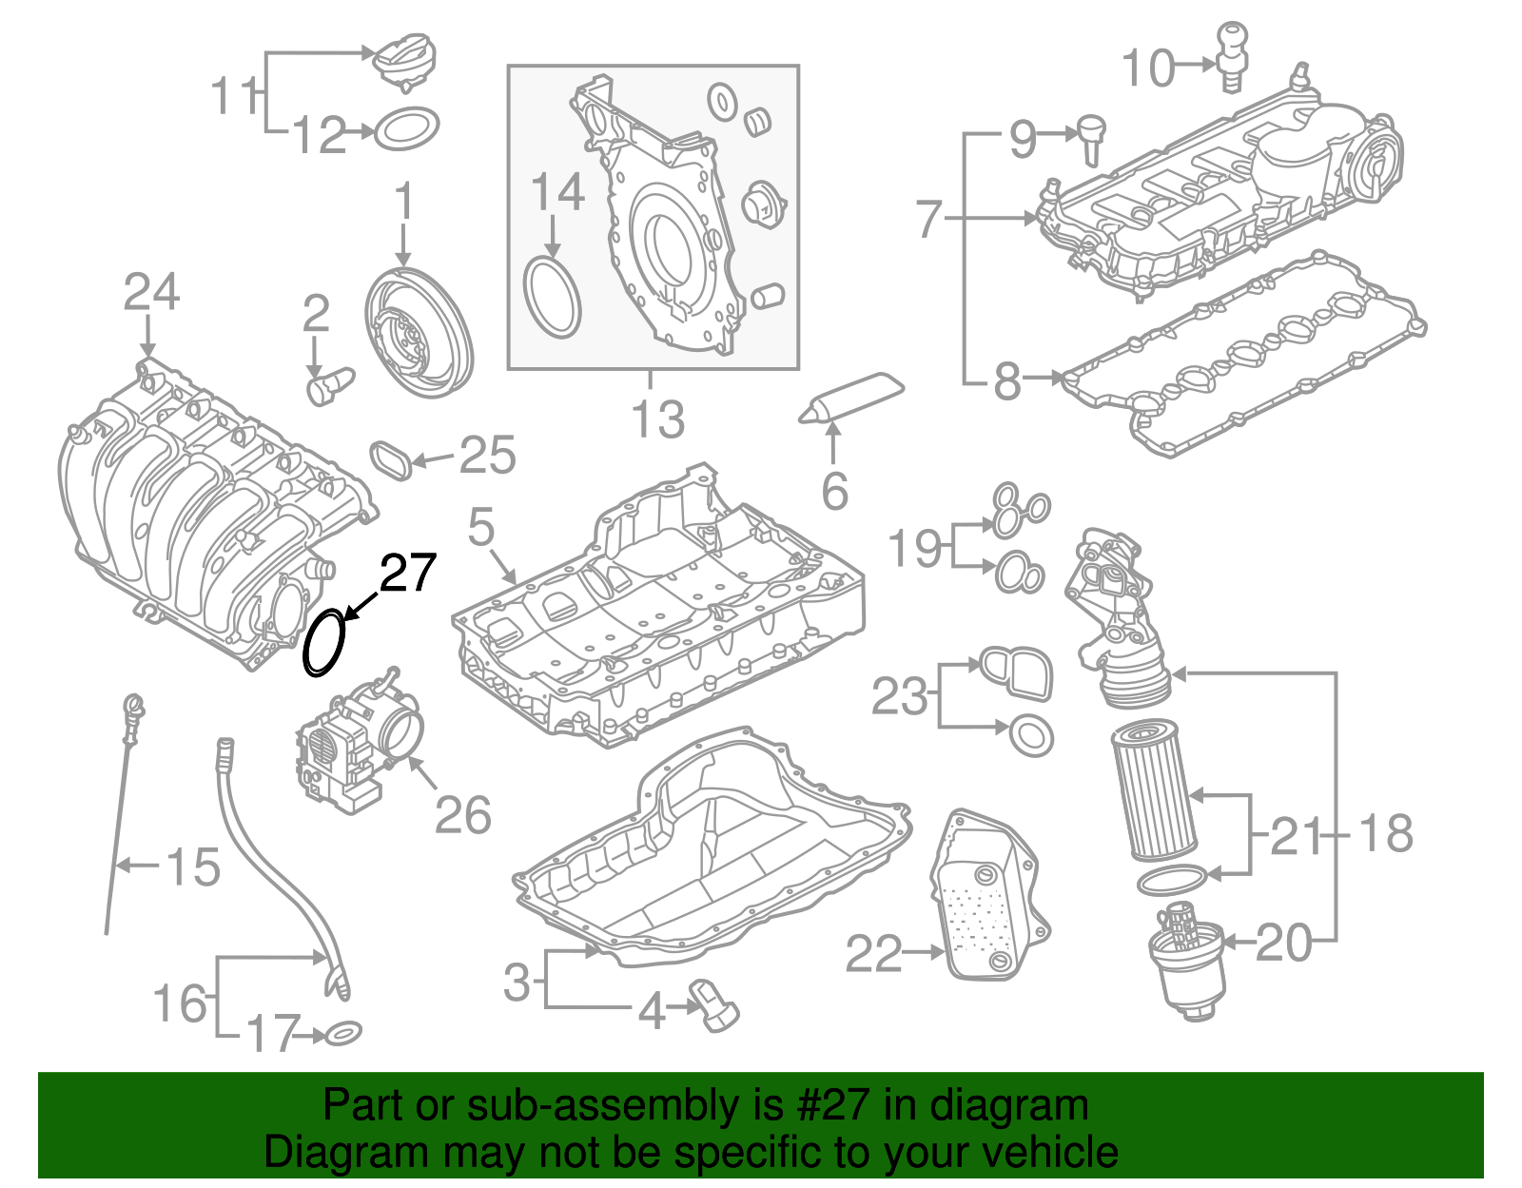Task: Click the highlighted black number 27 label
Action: pos(408,573)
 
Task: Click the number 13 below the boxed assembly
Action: pos(658,419)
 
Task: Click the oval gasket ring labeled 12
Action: pos(407,129)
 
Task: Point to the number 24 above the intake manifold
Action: pos(151,293)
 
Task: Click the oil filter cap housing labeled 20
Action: pos(1187,961)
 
